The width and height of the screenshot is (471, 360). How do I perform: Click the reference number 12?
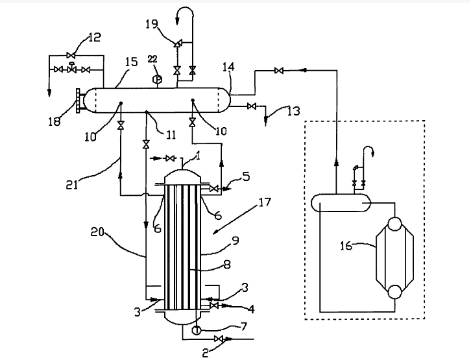[x=94, y=38]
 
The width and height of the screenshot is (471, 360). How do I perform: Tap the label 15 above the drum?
[x=130, y=62]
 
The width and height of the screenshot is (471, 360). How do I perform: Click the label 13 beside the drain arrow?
[x=293, y=111]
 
